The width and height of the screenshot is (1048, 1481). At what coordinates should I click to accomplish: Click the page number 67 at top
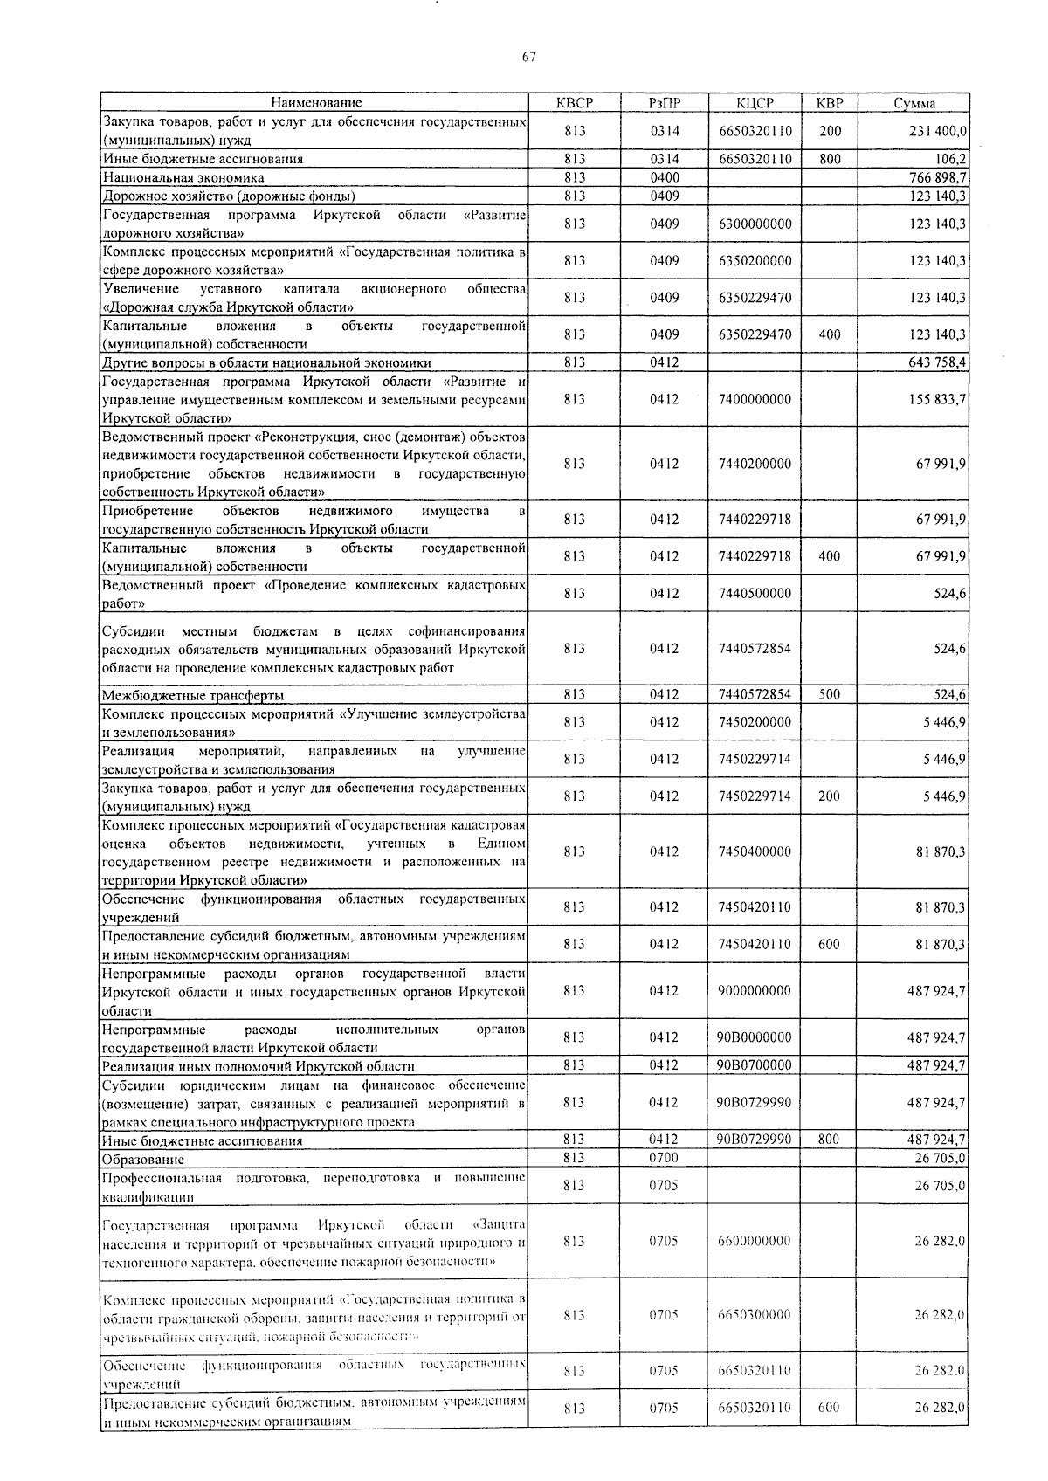tap(529, 57)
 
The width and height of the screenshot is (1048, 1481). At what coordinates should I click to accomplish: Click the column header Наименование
tap(315, 103)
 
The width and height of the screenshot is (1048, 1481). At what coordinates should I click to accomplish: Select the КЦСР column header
tap(755, 103)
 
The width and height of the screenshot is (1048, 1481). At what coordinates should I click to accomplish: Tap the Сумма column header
tap(914, 103)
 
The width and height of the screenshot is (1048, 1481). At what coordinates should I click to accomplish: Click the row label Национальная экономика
tap(183, 177)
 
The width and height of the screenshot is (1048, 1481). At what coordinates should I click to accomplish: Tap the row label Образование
tap(143, 1159)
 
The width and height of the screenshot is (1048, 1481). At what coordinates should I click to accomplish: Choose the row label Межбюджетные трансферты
tap(193, 695)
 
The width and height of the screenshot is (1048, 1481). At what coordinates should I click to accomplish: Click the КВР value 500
tap(829, 695)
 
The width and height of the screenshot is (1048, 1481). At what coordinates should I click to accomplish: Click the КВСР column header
tap(574, 103)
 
